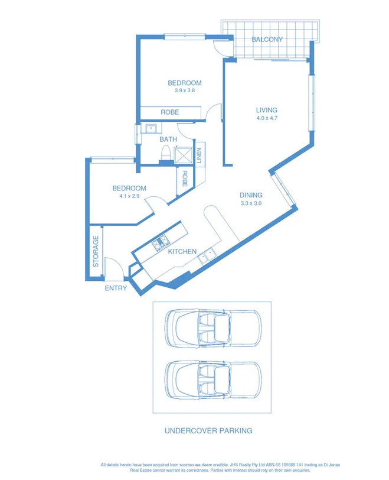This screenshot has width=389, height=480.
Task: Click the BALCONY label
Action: coord(267,40)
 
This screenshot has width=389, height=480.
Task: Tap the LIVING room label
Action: coord(266,110)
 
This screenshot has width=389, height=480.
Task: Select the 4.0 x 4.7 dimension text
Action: coord(266,118)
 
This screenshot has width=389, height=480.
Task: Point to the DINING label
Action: coord(251,195)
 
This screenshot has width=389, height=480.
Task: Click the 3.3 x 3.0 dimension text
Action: coord(251,203)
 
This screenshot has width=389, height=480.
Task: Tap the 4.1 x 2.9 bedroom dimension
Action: coord(129,196)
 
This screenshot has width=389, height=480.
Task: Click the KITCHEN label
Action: coord(182,251)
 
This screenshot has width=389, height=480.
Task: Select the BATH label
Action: coord(168,140)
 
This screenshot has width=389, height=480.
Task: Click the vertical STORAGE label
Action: coord(96,251)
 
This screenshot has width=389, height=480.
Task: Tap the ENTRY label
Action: coord(116,288)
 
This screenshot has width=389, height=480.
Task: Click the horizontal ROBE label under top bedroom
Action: coord(170,112)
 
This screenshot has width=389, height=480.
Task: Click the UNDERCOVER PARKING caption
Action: coord(208,431)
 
